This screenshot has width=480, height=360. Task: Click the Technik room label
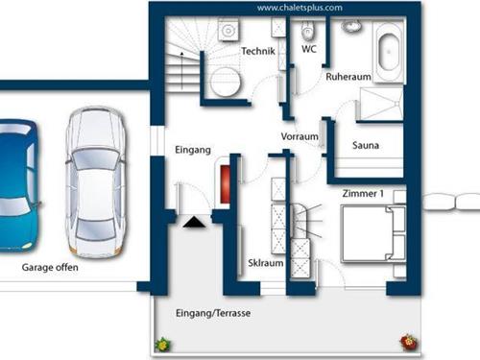pyautogui.click(x=258, y=51)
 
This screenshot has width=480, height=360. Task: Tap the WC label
pyautogui.click(x=309, y=49)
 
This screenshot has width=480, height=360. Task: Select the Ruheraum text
pyautogui.click(x=348, y=77)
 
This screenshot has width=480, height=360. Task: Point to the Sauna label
pyautogui.click(x=366, y=145)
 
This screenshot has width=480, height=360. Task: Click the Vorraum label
pyautogui.click(x=300, y=136)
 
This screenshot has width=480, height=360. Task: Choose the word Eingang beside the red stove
pyautogui.click(x=193, y=150)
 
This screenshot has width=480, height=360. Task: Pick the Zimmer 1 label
pyautogui.click(x=363, y=194)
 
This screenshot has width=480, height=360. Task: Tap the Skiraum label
pyautogui.click(x=266, y=263)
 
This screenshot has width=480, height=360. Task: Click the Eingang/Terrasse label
pyautogui.click(x=213, y=313)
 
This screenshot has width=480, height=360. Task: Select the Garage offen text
pyautogui.click(x=50, y=267)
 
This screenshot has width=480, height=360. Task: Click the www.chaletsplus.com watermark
pyautogui.click(x=300, y=8)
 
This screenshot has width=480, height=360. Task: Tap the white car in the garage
pyautogui.click(x=96, y=182)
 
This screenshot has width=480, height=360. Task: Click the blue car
pyautogui.click(x=17, y=185)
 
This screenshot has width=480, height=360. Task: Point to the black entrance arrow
pyautogui.click(x=194, y=222)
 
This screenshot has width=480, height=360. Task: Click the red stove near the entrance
pyautogui.click(x=225, y=184)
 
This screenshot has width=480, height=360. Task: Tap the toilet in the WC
pyautogui.click(x=307, y=31)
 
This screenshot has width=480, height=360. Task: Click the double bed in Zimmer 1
pyautogui.click(x=373, y=234)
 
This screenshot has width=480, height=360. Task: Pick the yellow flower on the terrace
pyautogui.click(x=163, y=345)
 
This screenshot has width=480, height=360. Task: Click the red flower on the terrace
pyautogui.click(x=409, y=342)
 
